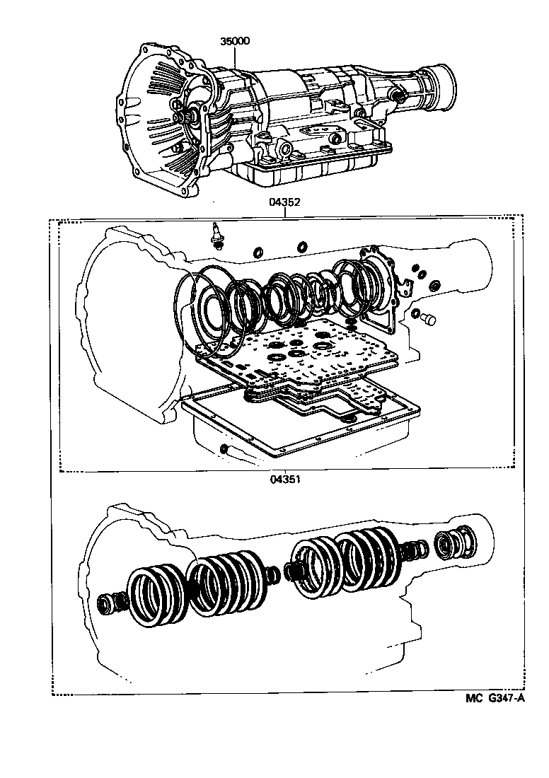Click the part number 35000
tap(235, 42)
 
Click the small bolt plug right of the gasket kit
tap(427, 319)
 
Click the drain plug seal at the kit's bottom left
tap(224, 448)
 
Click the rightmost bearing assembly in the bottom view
tap(453, 545)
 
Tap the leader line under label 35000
tap(235, 57)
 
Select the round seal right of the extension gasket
tap(434, 285)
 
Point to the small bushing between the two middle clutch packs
tap(290, 570)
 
